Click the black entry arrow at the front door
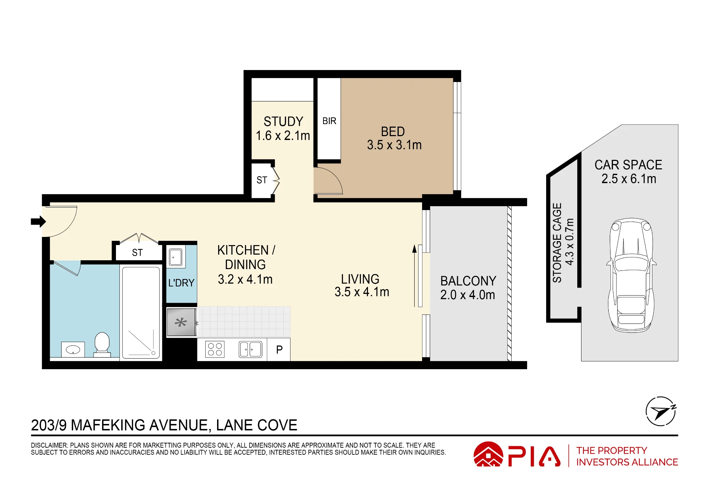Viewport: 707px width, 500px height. [39, 222]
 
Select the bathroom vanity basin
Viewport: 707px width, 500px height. [73, 350]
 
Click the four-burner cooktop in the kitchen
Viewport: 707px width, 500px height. [215, 349]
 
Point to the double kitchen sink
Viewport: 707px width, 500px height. [251, 349]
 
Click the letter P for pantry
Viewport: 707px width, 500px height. [279, 350]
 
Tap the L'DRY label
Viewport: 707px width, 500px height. [181, 283]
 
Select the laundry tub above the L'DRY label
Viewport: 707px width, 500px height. [176, 257]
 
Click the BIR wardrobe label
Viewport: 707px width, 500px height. [329, 121]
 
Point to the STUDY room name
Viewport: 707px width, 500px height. [284, 122]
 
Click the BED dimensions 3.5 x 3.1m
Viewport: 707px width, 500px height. [394, 145]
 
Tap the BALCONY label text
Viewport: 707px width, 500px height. [468, 281]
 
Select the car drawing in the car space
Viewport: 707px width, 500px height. [631, 275]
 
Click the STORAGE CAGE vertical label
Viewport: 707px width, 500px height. [557, 243]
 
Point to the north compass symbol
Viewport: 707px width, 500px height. [661, 411]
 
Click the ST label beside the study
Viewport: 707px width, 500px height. [262, 180]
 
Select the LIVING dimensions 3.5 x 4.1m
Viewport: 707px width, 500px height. [362, 292]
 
